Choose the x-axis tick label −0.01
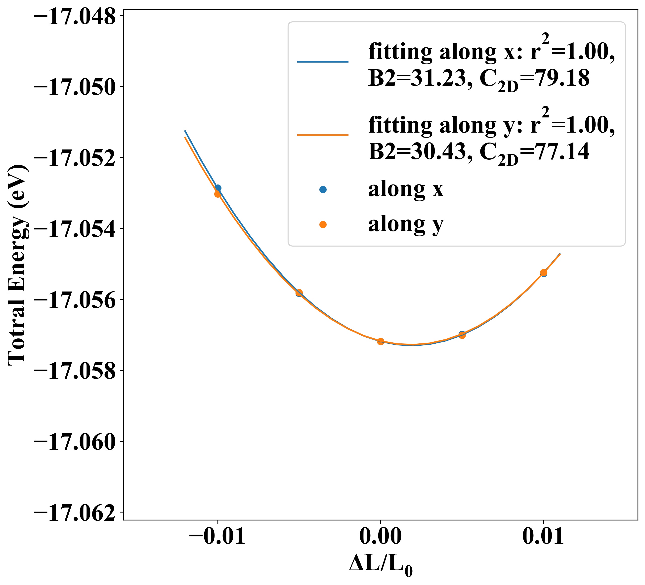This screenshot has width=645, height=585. pos(217,536)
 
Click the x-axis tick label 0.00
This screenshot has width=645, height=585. pos(380,536)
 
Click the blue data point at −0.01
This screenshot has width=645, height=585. pos(218,188)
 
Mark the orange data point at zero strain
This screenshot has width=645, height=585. pos(380,341)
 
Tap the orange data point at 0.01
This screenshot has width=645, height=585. pos(543,272)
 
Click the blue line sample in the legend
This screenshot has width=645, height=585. pos(323,62)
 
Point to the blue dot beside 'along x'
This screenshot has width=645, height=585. pos(323,189)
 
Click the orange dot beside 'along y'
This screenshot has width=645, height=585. pos(323,225)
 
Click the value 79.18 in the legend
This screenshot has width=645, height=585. pos(563,79)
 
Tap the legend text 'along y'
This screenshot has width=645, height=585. pos(406,225)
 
